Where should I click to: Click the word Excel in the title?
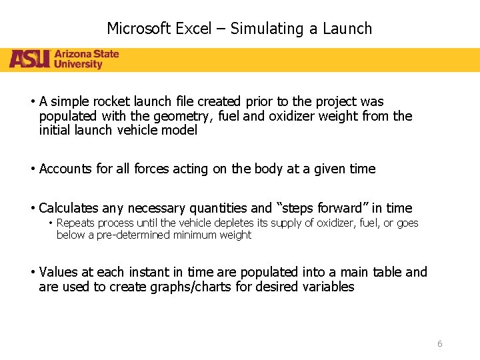193,29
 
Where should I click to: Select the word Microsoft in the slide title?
138,29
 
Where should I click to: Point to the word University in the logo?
78,65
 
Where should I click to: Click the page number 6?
439,344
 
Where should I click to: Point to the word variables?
329,287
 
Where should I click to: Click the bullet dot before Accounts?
33,169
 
